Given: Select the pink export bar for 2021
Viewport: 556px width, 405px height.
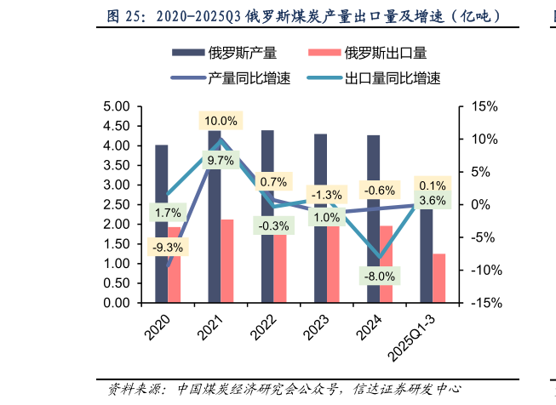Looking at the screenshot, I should [227, 260].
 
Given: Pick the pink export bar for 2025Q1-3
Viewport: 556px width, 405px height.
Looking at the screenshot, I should [438, 277].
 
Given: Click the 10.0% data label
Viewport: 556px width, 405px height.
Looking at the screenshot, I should [221, 121].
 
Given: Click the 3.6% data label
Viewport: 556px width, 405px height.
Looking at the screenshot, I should [433, 201].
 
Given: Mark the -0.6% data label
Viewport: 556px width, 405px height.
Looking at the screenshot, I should [379, 190].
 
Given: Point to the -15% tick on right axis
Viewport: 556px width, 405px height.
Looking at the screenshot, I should [479, 303].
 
